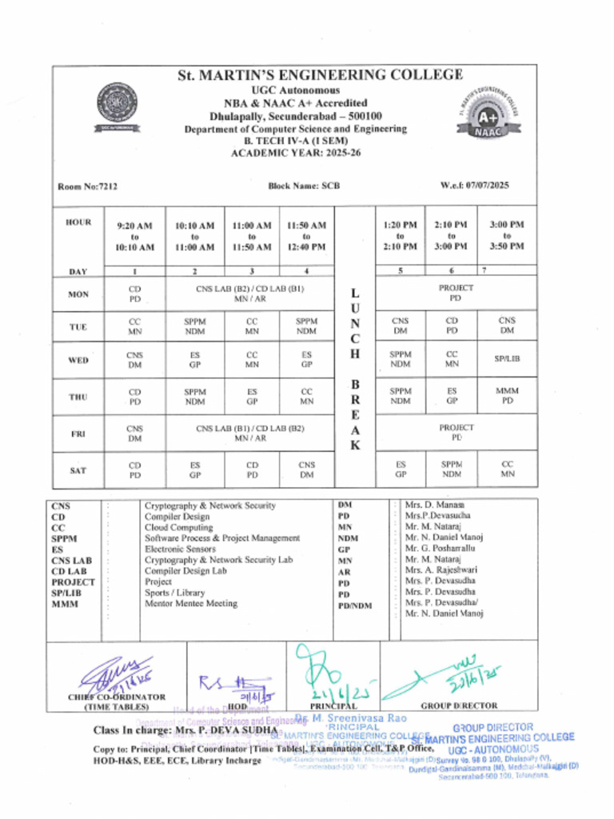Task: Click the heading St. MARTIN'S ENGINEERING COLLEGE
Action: tap(320, 75)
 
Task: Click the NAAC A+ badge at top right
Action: tap(488, 111)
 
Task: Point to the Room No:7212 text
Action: tap(88, 186)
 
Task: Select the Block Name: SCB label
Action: tap(304, 186)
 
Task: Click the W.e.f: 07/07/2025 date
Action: tap(475, 186)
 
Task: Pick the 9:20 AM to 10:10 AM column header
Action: tap(134, 237)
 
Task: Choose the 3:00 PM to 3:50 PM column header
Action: tap(507, 236)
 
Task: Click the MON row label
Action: tap(78, 294)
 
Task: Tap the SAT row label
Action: tap(78, 470)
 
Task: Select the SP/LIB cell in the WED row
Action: tap(507, 359)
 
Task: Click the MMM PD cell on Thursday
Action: tap(507, 396)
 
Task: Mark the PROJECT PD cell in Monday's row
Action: tap(456, 293)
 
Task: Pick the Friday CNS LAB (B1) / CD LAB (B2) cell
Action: tap(250, 433)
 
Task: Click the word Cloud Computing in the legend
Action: tap(178, 528)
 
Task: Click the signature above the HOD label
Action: tap(232, 684)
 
